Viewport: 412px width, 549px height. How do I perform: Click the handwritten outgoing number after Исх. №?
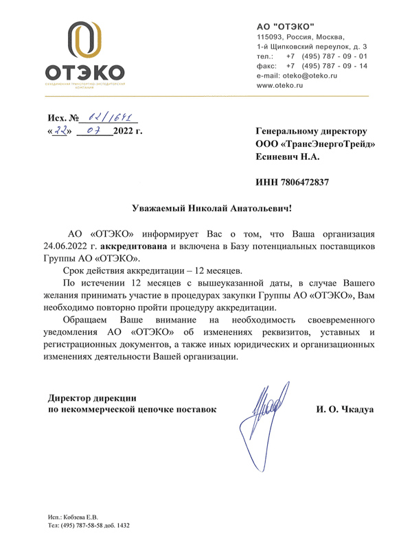(110, 117)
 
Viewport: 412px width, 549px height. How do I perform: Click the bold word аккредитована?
(133, 245)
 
